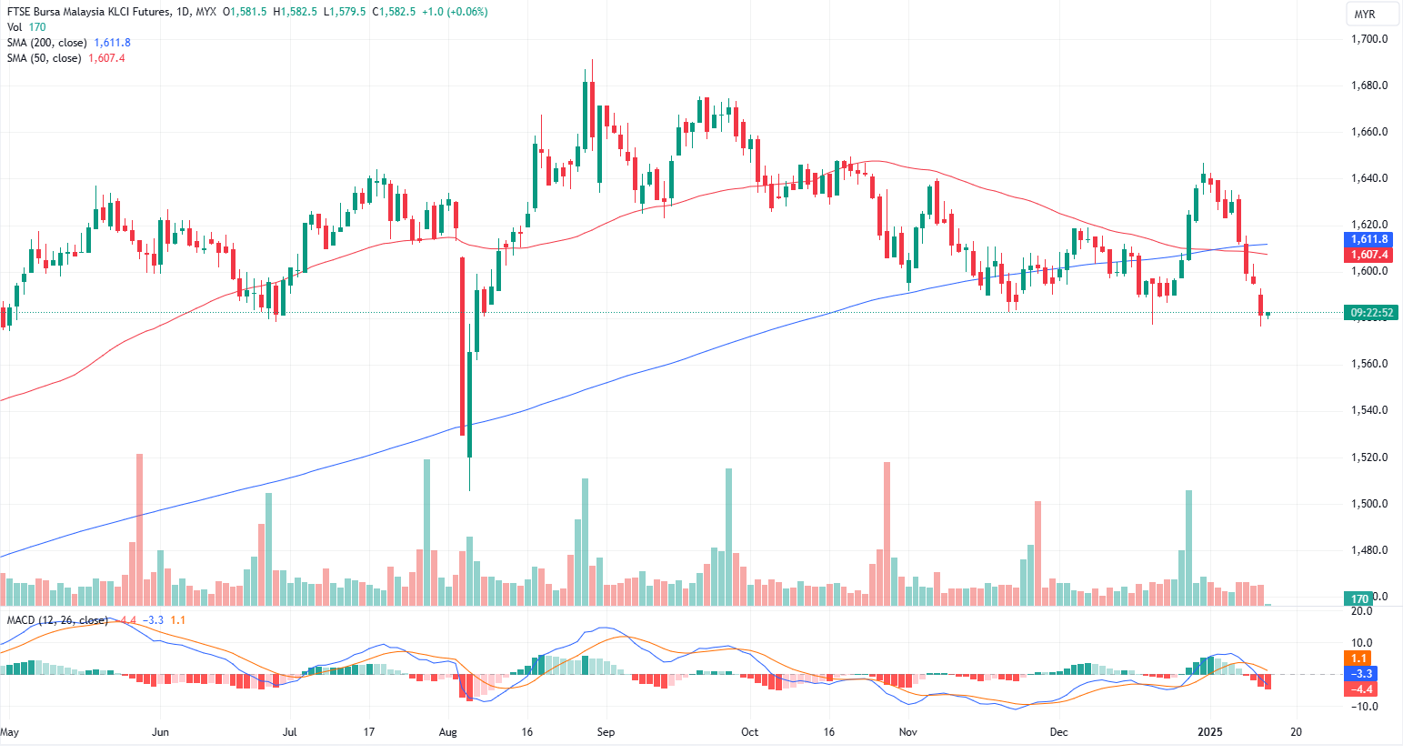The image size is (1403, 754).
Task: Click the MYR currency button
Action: (x=1364, y=15)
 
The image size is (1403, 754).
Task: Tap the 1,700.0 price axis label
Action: (x=1368, y=39)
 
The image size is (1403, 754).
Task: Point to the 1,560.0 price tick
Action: (x=1368, y=364)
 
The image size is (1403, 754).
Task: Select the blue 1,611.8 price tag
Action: (x=1368, y=239)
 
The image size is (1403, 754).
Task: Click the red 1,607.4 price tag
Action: (x=1368, y=256)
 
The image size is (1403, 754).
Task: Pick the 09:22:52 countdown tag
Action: (x=1371, y=313)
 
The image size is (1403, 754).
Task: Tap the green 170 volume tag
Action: (x=1360, y=598)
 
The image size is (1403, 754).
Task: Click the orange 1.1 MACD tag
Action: (x=1359, y=658)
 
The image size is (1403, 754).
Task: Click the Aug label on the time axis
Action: (x=447, y=732)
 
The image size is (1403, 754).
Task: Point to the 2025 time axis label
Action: (x=1209, y=732)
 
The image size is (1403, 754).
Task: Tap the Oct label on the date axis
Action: (x=750, y=732)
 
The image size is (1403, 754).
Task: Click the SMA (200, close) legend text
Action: (x=47, y=43)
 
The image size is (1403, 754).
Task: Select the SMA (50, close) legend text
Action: (x=45, y=58)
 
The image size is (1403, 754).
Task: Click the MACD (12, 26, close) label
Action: (x=57, y=620)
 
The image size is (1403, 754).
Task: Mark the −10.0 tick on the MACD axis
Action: (x=1362, y=707)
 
